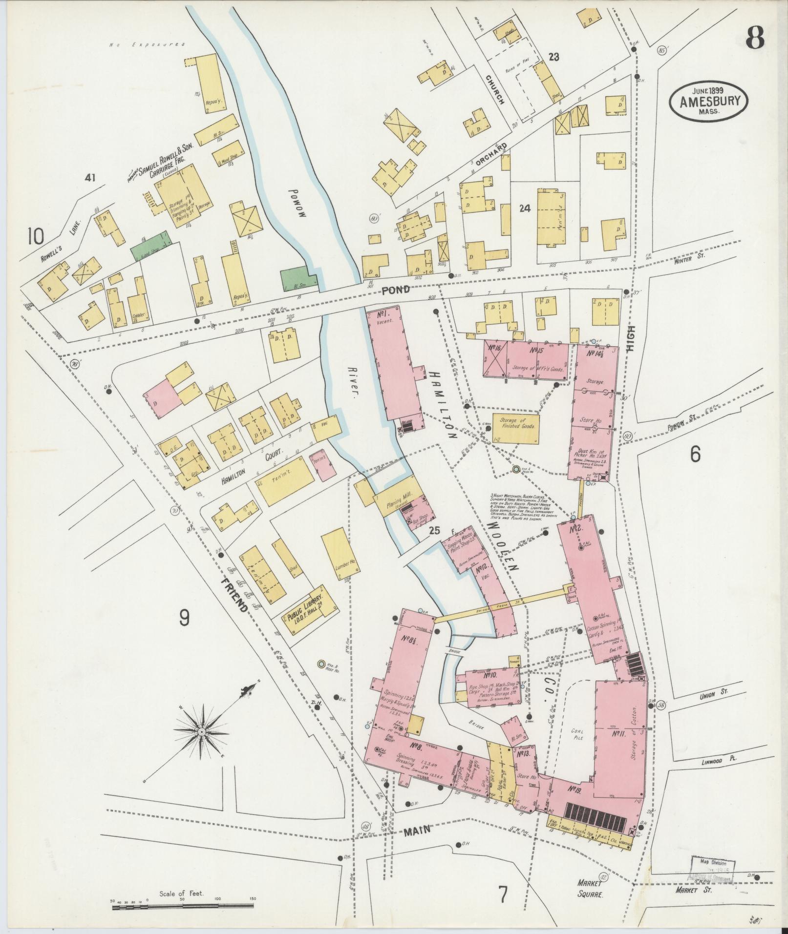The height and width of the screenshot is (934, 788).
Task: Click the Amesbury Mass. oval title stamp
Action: pos(709,101)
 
